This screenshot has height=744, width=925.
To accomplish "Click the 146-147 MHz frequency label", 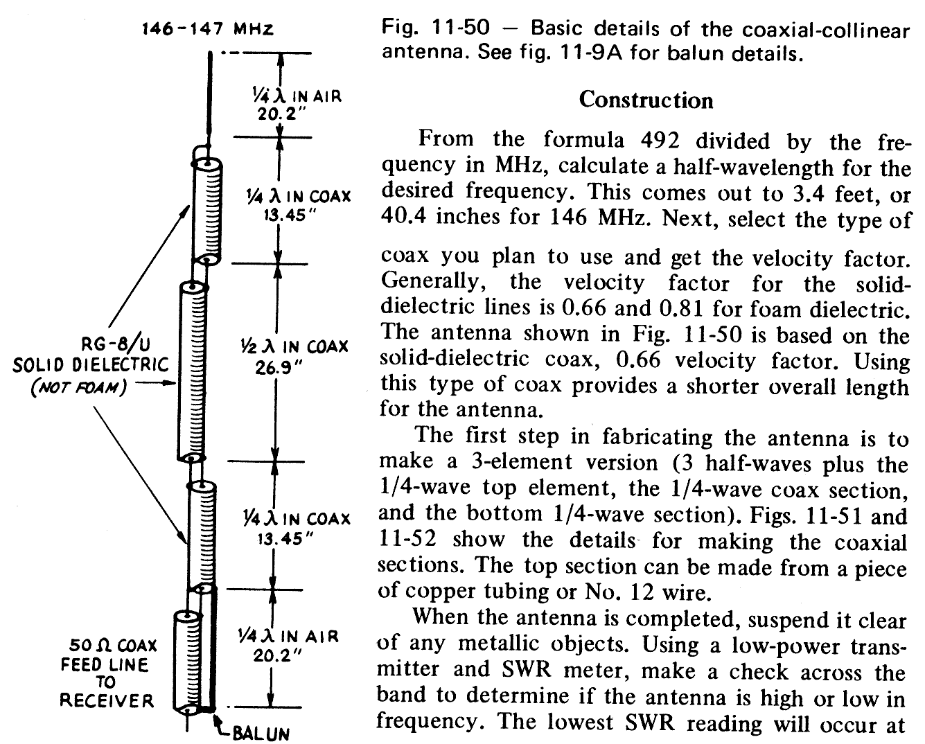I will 207,30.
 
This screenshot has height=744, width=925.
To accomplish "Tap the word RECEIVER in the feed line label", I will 107,701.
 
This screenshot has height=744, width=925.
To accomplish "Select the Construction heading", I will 646,100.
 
